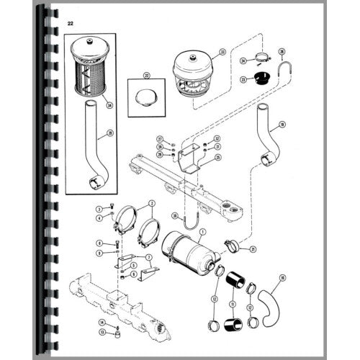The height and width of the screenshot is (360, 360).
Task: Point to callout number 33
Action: click(222, 52)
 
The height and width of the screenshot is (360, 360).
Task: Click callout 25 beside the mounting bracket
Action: click(218, 156)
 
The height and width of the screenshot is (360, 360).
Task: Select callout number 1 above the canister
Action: click(202, 230)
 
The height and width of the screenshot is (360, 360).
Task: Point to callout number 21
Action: click(253, 248)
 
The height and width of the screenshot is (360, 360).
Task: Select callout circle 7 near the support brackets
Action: click(148, 256)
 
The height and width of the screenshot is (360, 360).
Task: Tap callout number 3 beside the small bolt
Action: click(99, 208)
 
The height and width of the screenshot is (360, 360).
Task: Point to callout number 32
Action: click(217, 138)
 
